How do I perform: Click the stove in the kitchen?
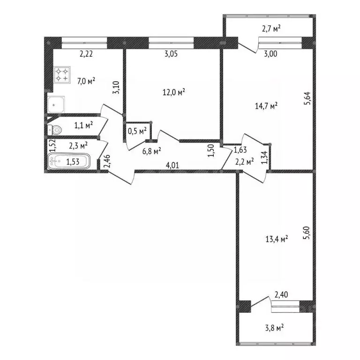(62, 75)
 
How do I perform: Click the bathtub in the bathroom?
(68, 162)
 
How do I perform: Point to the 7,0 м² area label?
(87, 81)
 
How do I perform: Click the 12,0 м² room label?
(173, 92)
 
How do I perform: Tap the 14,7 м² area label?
(266, 106)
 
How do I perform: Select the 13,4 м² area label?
(276, 239)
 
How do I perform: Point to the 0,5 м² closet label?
(137, 131)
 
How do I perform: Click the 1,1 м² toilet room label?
(83, 125)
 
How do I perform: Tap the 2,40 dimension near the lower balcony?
(281, 295)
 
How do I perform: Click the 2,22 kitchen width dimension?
(86, 54)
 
